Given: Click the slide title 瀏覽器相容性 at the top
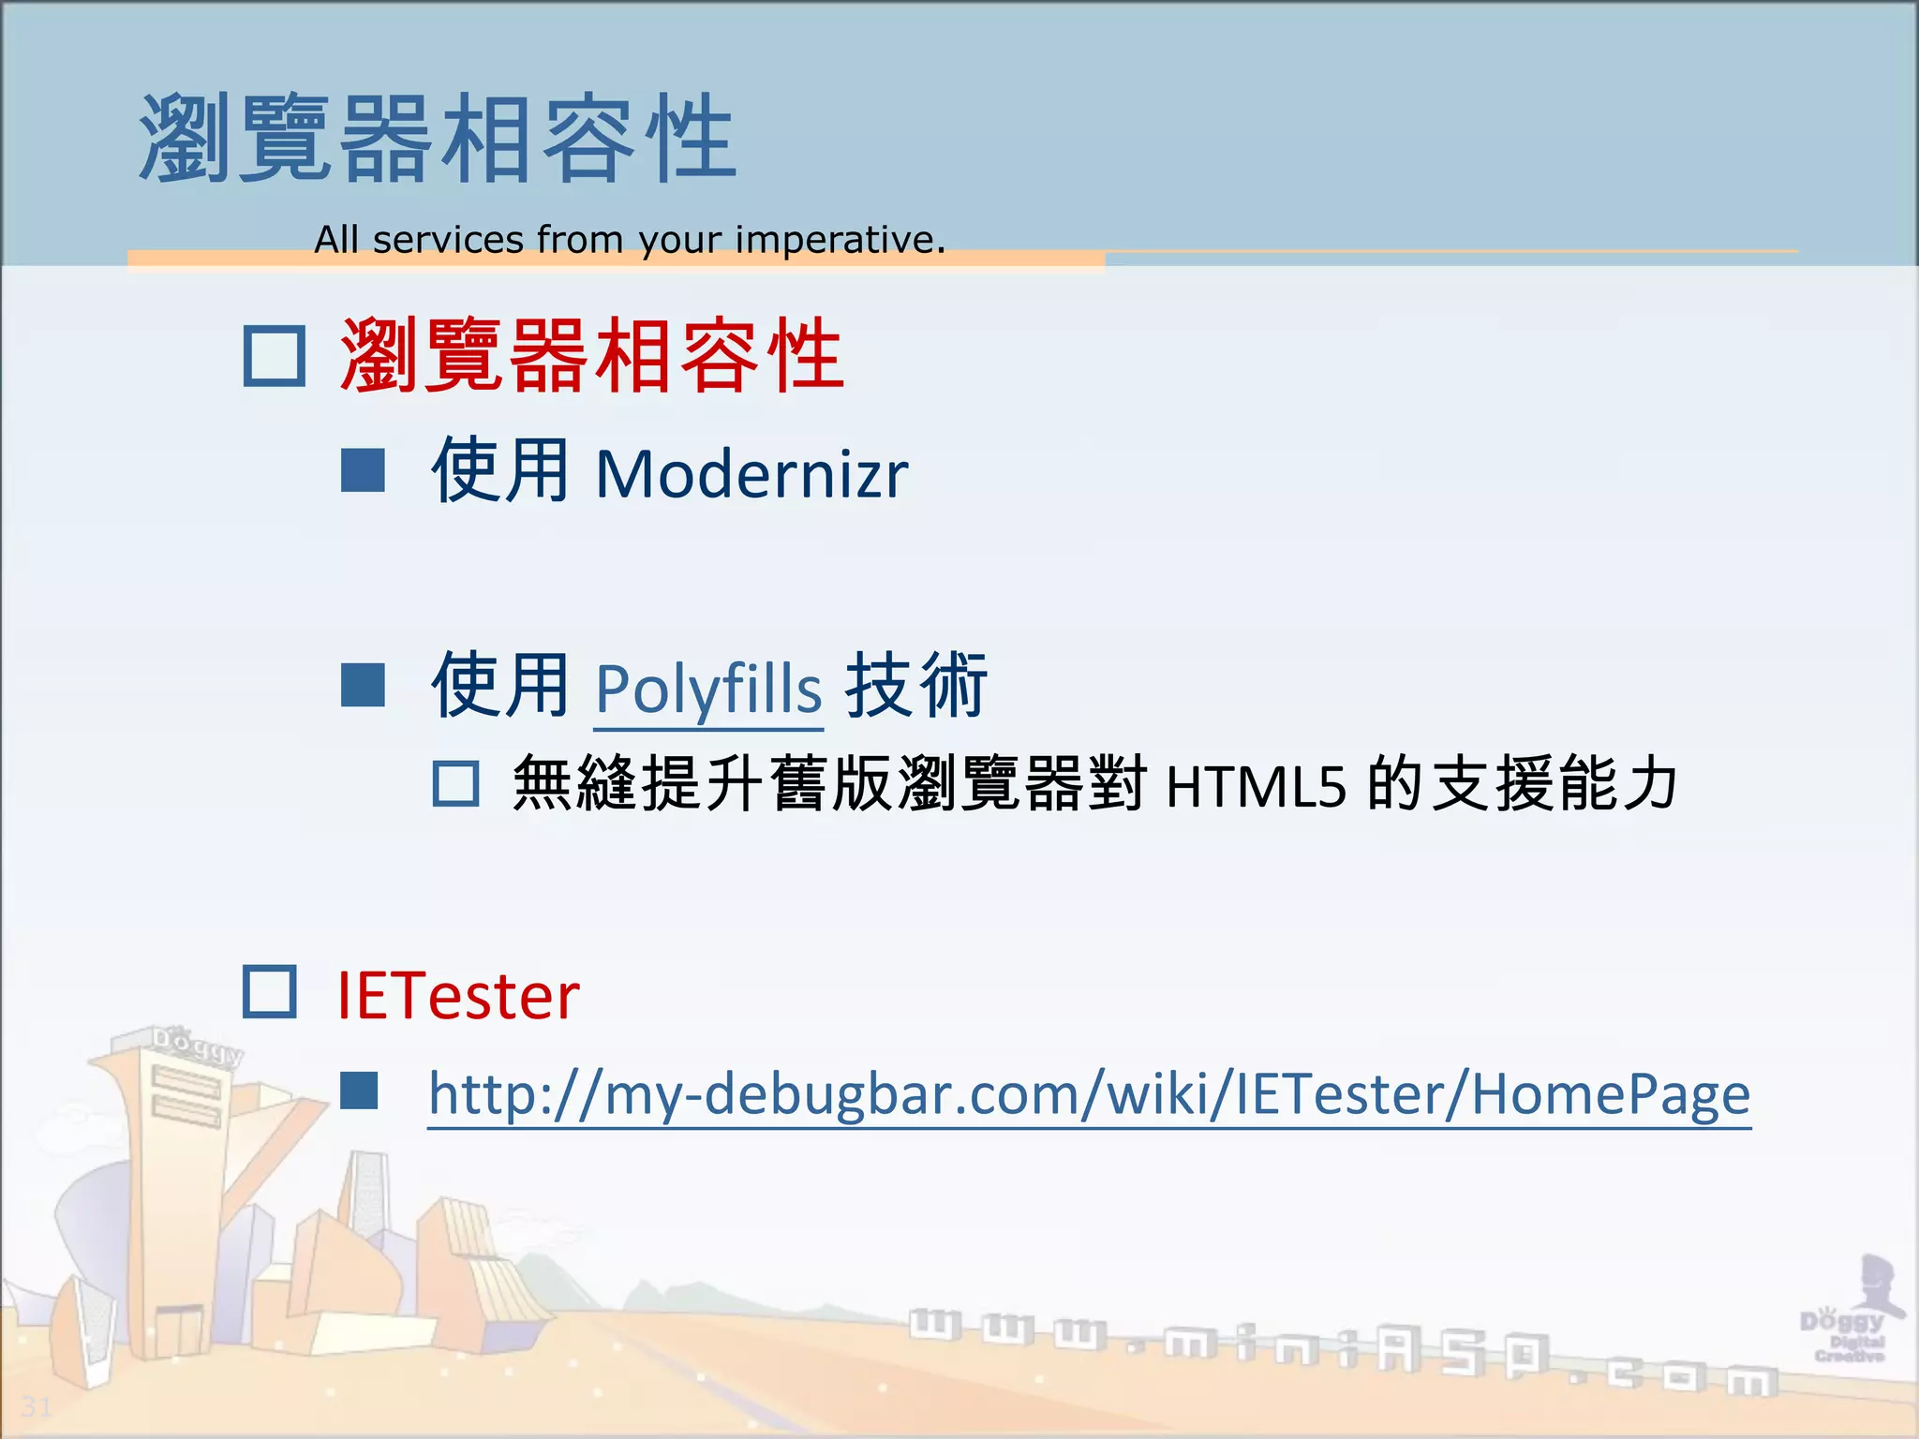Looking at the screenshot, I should (x=437, y=139).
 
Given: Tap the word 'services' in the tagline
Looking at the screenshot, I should (x=448, y=240).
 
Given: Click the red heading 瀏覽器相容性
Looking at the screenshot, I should (x=591, y=356).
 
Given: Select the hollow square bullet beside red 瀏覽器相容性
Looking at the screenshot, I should (x=274, y=356).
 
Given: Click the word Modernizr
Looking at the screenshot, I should (x=751, y=474).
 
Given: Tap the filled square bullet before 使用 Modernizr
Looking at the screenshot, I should (x=363, y=470).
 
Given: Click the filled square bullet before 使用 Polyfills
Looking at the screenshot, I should (x=363, y=685).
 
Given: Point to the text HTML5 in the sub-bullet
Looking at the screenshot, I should (x=1256, y=786).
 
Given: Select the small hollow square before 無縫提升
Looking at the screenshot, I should (x=456, y=783).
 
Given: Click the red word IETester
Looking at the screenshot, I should (x=458, y=996).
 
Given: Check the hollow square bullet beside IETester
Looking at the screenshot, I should (x=270, y=992).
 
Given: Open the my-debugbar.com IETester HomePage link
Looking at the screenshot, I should (x=1089, y=1094).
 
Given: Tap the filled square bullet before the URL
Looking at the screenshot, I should (x=359, y=1090).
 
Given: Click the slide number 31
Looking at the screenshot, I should (x=37, y=1406).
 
